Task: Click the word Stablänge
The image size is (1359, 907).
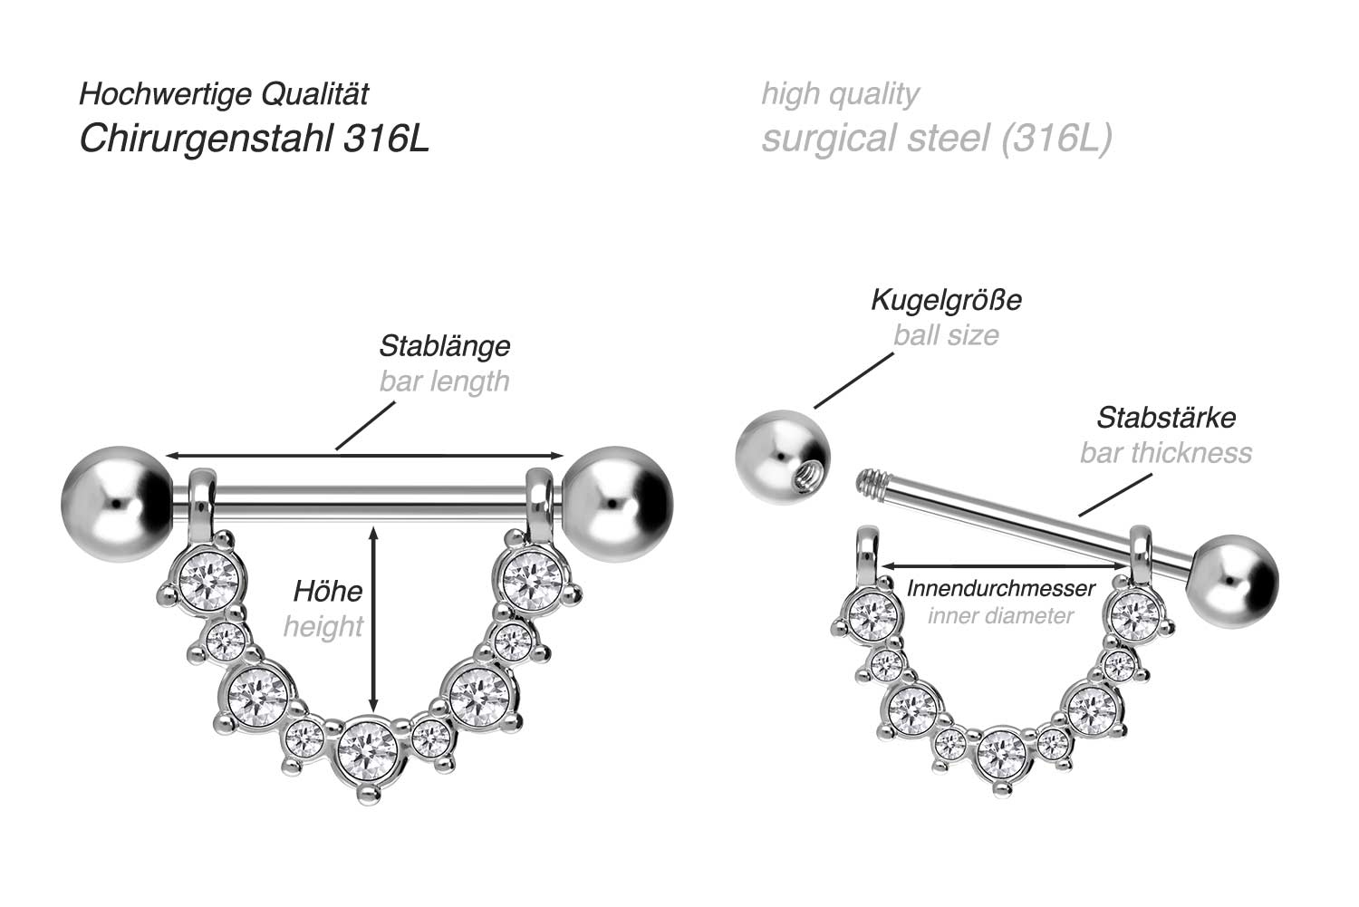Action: [444, 345]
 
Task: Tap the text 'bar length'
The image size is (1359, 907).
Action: [444, 381]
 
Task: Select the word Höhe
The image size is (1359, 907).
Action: [327, 592]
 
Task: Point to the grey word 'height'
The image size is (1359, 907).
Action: [323, 627]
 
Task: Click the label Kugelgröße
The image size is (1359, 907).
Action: [946, 300]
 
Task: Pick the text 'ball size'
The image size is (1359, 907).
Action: [946, 335]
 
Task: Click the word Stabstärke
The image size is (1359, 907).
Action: [1166, 418]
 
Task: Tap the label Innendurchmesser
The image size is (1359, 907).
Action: [1000, 588]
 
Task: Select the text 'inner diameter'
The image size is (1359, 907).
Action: [1000, 616]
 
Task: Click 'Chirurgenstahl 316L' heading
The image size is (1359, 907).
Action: [254, 139]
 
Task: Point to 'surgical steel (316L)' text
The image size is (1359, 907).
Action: [936, 139]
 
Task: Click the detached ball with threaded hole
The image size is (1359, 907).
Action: [782, 457]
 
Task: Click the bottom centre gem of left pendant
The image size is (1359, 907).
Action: [367, 749]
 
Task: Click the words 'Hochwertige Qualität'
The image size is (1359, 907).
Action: [224, 93]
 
